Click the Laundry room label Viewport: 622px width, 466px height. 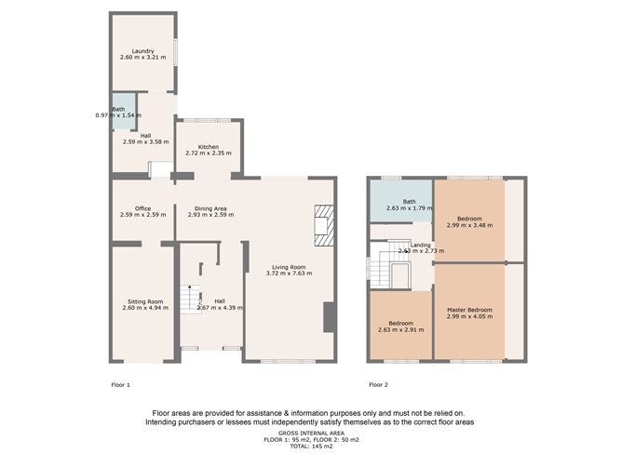click(x=142, y=51)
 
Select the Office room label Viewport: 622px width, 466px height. click(x=142, y=208)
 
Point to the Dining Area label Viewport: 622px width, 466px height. click(x=208, y=208)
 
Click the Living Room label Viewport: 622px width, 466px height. click(x=286, y=267)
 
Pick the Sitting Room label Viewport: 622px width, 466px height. click(x=142, y=301)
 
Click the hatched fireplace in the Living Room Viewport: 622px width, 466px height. click(x=323, y=226)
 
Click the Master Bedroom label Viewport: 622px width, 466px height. click(x=468, y=310)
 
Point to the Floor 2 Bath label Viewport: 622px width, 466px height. click(x=409, y=201)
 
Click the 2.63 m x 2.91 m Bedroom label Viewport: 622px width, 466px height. click(x=401, y=325)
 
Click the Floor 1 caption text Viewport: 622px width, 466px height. click(x=121, y=384)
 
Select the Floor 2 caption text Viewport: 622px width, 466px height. click(x=378, y=384)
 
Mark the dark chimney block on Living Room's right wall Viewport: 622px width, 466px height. click(x=328, y=317)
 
